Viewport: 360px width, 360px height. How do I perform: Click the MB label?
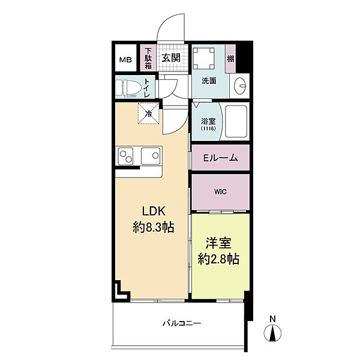125,60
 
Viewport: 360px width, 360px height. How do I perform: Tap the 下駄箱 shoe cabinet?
148,58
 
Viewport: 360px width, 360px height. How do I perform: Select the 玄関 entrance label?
171,58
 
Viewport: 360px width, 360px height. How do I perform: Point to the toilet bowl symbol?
128,88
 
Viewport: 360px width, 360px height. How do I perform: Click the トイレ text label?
147,88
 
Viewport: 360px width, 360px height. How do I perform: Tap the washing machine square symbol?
203,58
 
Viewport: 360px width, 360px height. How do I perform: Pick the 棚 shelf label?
230,59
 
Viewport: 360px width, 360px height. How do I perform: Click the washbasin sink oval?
240,86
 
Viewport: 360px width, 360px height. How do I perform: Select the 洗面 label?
209,80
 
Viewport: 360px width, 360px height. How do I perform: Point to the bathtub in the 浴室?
236,121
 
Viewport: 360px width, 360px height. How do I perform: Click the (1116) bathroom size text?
208,128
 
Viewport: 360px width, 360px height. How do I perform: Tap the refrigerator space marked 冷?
149,113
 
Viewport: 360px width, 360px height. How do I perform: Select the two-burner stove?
125,156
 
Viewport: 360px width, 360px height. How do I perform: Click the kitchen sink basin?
151,156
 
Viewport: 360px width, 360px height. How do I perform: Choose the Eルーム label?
220,158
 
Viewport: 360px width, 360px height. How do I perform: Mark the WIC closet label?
220,192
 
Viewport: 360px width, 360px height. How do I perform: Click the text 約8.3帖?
154,227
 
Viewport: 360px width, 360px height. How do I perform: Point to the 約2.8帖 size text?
218,259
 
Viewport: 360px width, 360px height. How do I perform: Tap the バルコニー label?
182,323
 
